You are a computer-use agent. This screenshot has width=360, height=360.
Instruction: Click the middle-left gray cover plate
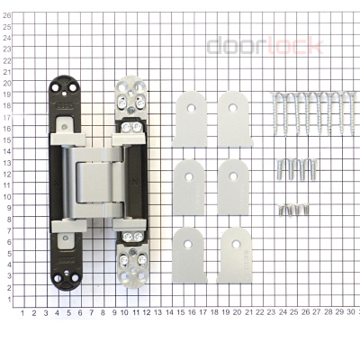pos(190,182)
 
